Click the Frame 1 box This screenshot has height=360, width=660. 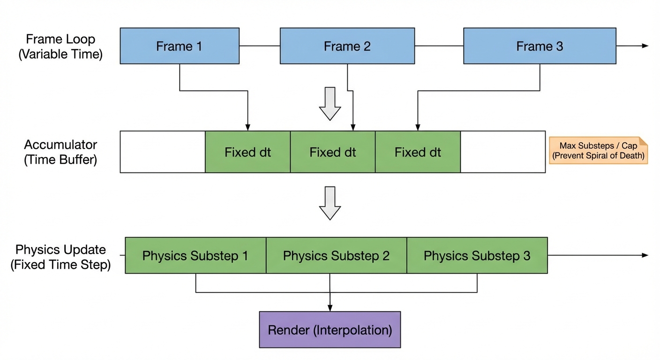[180, 46]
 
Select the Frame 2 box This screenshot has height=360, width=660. [347, 46]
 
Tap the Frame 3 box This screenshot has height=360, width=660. [540, 46]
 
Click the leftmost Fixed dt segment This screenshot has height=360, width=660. [247, 152]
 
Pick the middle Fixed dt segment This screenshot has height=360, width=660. [333, 152]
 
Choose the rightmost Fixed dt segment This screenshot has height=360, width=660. [418, 152]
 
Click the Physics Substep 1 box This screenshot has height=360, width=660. [195, 255]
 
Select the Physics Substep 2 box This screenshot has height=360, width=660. [336, 255]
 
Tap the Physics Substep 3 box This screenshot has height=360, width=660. [477, 255]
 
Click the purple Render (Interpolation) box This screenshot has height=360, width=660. [330, 330]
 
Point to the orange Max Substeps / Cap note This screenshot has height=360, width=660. [598, 150]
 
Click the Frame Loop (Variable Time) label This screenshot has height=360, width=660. [60, 46]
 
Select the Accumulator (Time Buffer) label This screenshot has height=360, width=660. [60, 152]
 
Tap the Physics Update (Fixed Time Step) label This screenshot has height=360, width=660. [60, 257]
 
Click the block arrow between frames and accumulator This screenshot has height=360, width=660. [330, 104]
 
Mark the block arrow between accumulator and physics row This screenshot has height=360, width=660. [330, 203]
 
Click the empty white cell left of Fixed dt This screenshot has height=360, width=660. [162, 152]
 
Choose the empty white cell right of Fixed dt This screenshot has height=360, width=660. [502, 152]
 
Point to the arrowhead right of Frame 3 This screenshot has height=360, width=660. [645, 46]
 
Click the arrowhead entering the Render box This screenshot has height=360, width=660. [330, 308]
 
